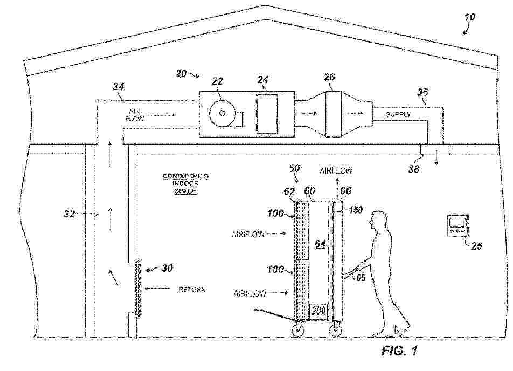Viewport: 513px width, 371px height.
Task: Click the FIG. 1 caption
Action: coord(399,351)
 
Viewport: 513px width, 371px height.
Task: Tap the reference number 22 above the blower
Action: coord(217,81)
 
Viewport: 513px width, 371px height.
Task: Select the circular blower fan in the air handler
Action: coord(222,113)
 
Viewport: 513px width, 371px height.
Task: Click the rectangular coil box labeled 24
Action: coord(267,114)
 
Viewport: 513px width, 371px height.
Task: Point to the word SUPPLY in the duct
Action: coord(398,115)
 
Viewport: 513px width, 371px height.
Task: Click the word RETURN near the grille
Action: coord(192,290)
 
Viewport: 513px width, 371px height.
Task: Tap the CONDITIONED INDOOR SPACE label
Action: coord(185,183)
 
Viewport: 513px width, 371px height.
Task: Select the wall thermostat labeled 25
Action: coord(458,225)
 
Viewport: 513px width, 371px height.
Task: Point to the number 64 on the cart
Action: coord(320,244)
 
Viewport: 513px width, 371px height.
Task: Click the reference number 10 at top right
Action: coord(470,17)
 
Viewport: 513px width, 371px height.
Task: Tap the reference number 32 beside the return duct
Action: coord(69,214)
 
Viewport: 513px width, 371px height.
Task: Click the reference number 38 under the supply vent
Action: coord(413,169)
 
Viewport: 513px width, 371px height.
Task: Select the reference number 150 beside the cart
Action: coord(355,210)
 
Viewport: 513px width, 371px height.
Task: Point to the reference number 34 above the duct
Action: coord(119,86)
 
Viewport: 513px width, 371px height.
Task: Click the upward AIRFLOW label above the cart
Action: coord(336,170)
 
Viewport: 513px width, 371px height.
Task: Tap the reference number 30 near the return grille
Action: coord(167,268)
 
